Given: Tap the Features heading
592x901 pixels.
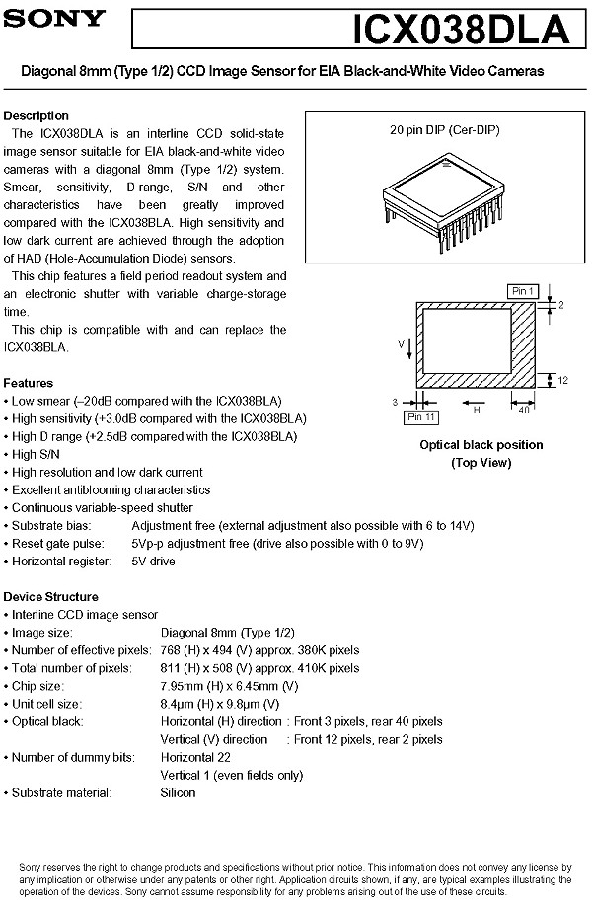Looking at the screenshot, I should [x=29, y=383].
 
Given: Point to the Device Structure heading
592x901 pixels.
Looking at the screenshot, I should [x=51, y=597].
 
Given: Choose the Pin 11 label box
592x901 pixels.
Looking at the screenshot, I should [x=421, y=417].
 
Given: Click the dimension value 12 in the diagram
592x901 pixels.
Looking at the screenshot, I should [x=562, y=380].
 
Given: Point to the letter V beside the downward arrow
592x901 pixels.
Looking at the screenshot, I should [x=402, y=344].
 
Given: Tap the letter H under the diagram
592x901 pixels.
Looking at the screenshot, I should [x=476, y=410].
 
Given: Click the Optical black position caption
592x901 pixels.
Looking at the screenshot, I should [x=481, y=445].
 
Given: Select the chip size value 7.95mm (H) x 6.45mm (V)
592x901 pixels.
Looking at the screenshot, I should [x=229, y=686].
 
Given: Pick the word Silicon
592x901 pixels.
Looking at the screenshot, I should [x=179, y=792].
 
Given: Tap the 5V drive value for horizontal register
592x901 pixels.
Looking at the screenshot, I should [x=153, y=562].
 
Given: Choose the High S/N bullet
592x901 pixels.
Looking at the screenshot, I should [x=36, y=454].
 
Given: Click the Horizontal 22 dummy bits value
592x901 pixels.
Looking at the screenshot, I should [x=195, y=757].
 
